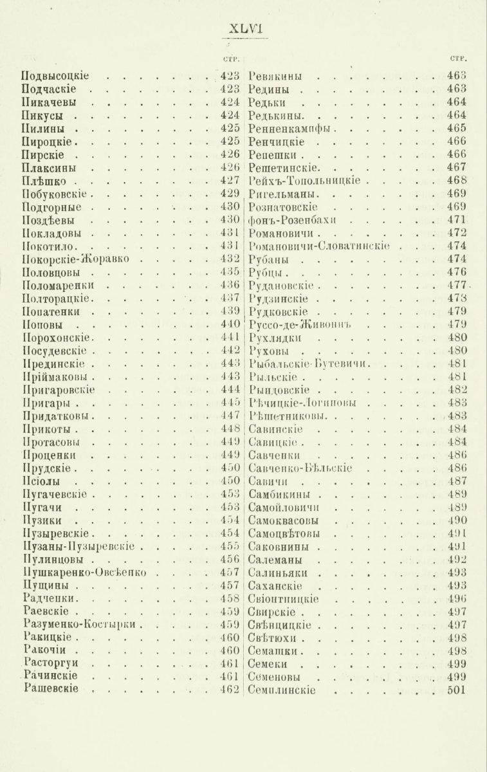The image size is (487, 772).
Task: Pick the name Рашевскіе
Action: (x=51, y=689)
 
